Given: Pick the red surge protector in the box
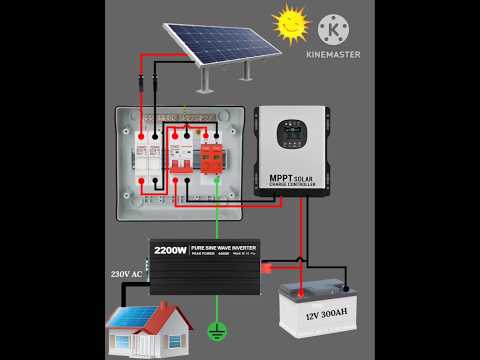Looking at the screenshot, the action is click(x=213, y=155).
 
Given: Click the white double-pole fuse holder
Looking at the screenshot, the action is click(x=147, y=155).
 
